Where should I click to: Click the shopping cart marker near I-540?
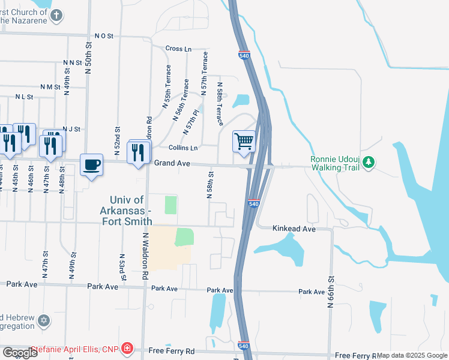pyautogui.click(x=244, y=142)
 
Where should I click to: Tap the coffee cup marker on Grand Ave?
pyautogui.click(x=91, y=164)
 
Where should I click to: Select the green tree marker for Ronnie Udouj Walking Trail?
pyautogui.click(x=369, y=162)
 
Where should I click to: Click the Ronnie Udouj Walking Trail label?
pyautogui.click(x=334, y=163)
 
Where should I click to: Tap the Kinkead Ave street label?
pyautogui.click(x=294, y=229)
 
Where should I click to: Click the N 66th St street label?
pyautogui.click(x=330, y=292)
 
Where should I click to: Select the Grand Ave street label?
pyautogui.click(x=172, y=163)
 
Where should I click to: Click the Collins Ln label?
pyautogui.click(x=183, y=148)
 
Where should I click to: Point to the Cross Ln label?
pyautogui.click(x=178, y=49)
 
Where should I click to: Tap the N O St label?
pyautogui.click(x=103, y=36)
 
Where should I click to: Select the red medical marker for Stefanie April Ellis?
pyautogui.click(x=126, y=349)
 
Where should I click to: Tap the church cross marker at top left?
pyautogui.click(x=57, y=16)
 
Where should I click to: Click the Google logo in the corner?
pyautogui.click(x=20, y=353)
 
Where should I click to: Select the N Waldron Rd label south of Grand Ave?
pyautogui.click(x=145, y=257)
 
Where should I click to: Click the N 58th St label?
pyautogui.click(x=211, y=187)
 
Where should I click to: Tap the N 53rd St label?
pyautogui.click(x=122, y=266)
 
